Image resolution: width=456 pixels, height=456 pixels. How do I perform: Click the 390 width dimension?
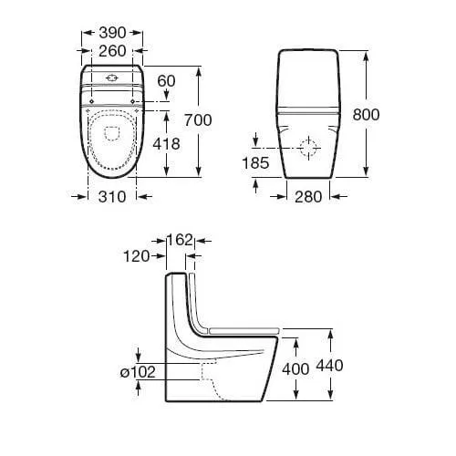pyautogui.click(x=112, y=33)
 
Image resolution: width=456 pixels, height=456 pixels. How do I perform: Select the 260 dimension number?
pyautogui.click(x=112, y=51)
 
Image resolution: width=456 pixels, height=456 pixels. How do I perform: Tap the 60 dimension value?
pyautogui.click(x=166, y=81)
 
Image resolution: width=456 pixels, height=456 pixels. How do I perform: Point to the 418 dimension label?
pyautogui.click(x=166, y=143)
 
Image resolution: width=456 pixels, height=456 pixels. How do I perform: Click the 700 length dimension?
pyautogui.click(x=198, y=120)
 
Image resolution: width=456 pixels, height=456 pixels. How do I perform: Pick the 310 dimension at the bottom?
pyautogui.click(x=112, y=197)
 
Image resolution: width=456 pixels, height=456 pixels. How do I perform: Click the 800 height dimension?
pyautogui.click(x=366, y=115)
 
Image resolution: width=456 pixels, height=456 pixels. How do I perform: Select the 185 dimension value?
pyautogui.click(x=255, y=163)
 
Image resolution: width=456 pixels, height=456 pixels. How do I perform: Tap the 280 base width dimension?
pyautogui.click(x=308, y=197)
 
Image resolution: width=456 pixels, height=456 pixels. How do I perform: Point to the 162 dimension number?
pyautogui.click(x=181, y=240)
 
